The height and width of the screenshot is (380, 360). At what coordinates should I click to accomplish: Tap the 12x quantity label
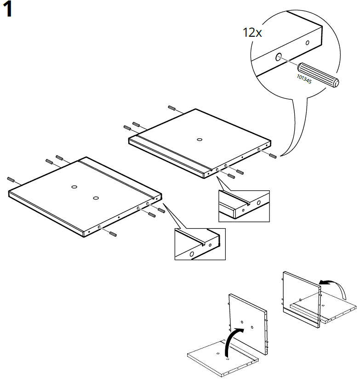252,33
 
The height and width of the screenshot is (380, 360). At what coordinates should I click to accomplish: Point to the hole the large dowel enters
279,57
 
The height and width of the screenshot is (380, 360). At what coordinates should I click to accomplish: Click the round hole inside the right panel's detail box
259,203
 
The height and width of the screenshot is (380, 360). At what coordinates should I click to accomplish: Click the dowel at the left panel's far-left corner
12,179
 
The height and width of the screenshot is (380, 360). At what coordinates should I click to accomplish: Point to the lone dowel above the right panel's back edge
172,108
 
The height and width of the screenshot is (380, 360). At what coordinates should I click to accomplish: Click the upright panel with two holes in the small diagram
247,324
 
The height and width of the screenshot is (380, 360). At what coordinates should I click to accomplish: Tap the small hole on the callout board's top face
307,43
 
